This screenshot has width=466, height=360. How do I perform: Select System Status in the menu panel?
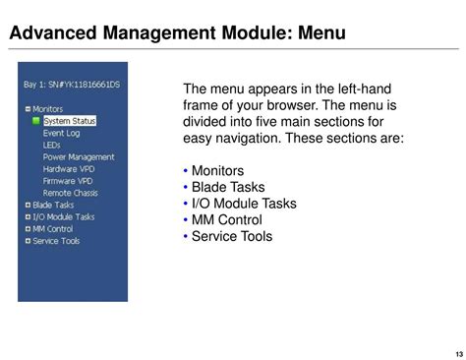click(x=69, y=121)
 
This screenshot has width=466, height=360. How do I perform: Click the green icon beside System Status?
click(x=36, y=121)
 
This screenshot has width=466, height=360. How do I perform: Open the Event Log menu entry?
click(x=61, y=133)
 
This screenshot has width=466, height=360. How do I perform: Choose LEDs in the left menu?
click(x=51, y=145)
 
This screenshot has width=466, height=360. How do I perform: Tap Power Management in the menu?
click(x=79, y=157)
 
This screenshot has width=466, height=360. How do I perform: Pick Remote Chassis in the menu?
click(x=69, y=193)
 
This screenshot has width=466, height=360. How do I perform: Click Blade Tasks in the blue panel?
click(x=52, y=205)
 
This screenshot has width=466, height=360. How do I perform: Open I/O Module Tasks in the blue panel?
click(x=63, y=216)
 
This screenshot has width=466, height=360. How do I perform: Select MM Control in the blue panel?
click(x=52, y=228)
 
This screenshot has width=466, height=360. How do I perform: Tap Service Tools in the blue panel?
click(x=56, y=240)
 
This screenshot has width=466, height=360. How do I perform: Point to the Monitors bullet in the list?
click(x=217, y=171)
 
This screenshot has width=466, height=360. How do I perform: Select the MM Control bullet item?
click(x=226, y=220)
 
